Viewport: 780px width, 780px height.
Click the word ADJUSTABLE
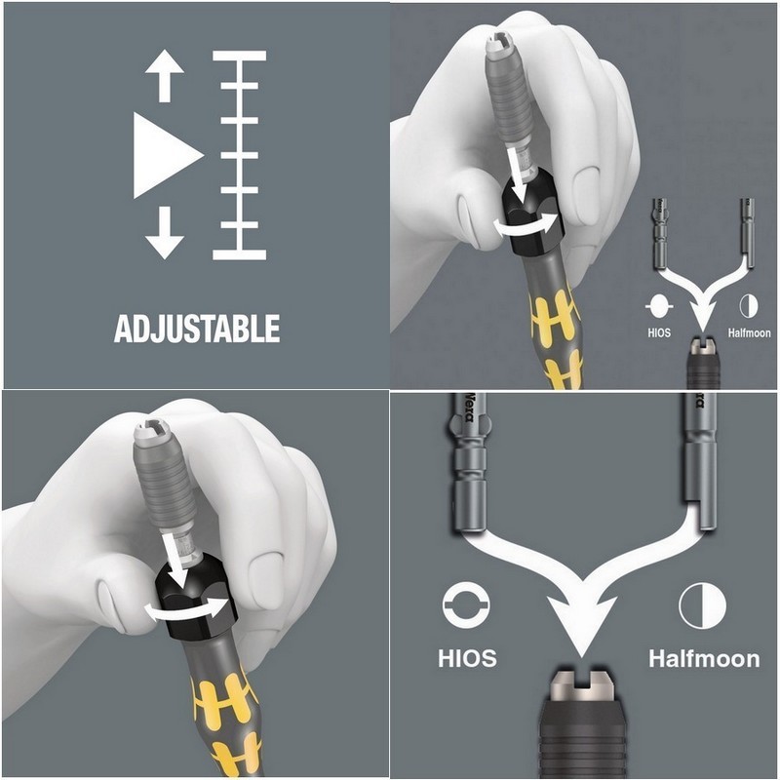[197, 328]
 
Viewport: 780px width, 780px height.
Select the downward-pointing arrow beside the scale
[165, 233]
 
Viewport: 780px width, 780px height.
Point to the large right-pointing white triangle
[168, 156]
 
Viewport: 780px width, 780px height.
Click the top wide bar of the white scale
[239, 56]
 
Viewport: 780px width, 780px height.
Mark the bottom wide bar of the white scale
[239, 254]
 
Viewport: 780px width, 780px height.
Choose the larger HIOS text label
[467, 657]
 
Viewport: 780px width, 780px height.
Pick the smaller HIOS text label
[659, 332]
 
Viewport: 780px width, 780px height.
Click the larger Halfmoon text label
[704, 658]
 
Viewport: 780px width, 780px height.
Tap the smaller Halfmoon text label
[749, 332]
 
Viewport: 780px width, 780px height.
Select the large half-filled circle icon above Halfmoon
[702, 605]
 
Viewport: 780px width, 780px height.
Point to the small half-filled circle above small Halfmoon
[748, 305]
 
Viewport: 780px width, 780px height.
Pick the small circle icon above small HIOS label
[659, 306]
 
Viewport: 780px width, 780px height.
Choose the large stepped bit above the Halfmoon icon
[699, 462]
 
